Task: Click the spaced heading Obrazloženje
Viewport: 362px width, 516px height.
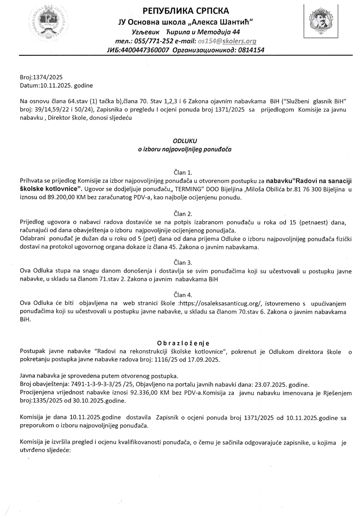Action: [183, 343]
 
